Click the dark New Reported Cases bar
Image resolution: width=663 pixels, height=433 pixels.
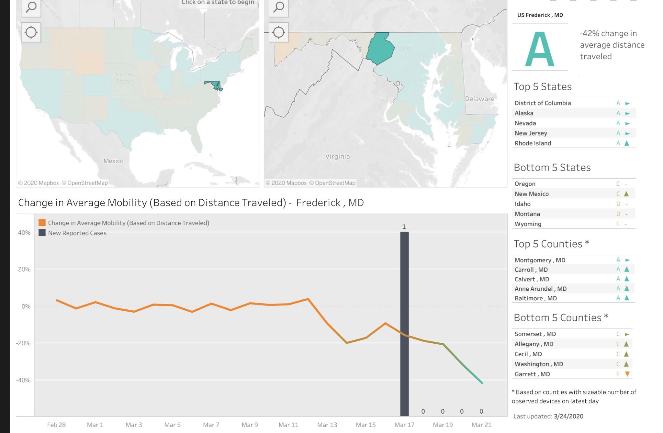coord(404,324)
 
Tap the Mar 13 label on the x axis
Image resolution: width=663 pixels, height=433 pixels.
coord(327,425)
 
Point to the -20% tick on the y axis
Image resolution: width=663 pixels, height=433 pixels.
coord(23,343)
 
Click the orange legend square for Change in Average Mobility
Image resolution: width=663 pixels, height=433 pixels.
coord(42,223)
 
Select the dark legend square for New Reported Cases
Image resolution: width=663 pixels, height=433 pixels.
coord(42,233)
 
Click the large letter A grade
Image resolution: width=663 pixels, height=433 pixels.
coord(539,49)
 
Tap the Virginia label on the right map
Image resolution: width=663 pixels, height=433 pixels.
coord(337,157)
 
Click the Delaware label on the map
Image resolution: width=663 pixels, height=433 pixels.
coord(479,99)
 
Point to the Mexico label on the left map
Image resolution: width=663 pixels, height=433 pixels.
coord(113,161)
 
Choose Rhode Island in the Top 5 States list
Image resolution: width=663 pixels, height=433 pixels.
coord(533,143)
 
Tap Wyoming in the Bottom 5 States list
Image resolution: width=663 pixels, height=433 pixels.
coord(528,224)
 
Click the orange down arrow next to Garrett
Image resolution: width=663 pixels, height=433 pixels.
coord(627,374)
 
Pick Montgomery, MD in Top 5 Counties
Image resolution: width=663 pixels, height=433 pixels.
coord(540,260)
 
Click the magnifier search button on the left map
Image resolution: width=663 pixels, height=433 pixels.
coord(31,7)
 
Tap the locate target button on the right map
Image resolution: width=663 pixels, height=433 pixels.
coord(279,32)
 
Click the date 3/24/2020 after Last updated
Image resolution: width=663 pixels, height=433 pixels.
coord(568,416)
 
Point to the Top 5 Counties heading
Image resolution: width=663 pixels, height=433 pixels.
coord(551,244)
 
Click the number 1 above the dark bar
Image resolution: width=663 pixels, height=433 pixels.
coord(404,227)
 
